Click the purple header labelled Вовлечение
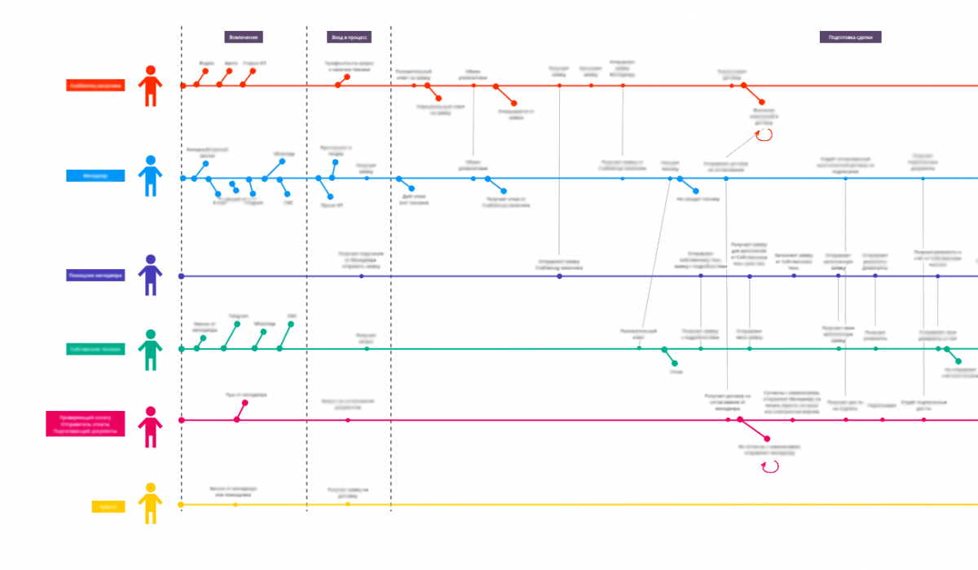point(244,37)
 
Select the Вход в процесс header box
point(350,37)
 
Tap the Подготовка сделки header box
point(850,37)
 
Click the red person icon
point(150,86)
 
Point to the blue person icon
point(150,176)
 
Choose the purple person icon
point(150,275)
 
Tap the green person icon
point(150,350)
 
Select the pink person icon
point(150,426)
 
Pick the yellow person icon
point(150,503)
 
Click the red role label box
point(95,85)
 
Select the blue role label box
point(95,175)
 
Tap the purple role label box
point(95,276)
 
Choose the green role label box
point(95,349)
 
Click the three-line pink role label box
point(85,424)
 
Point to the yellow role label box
point(108,506)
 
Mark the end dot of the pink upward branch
point(244,403)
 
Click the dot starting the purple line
point(182,276)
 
